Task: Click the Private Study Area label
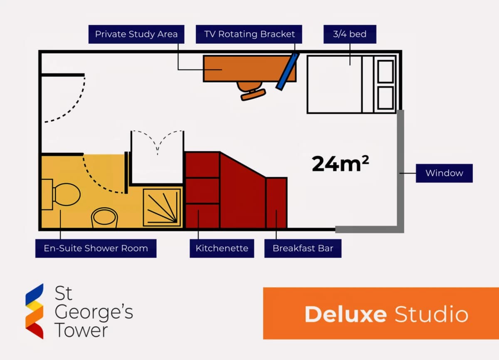click(x=136, y=34)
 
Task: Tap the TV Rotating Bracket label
click(x=249, y=34)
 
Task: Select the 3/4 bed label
click(x=350, y=34)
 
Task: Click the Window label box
click(x=444, y=173)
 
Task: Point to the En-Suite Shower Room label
click(x=96, y=248)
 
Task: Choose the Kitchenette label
click(x=222, y=248)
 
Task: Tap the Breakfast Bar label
click(x=303, y=248)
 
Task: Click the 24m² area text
click(x=340, y=164)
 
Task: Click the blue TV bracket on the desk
click(x=287, y=71)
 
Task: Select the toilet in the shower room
click(x=61, y=194)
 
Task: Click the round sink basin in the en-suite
click(x=104, y=218)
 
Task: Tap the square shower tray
click(x=162, y=208)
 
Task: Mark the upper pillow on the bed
click(x=385, y=72)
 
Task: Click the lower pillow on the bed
click(x=385, y=98)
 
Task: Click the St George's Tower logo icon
click(x=35, y=311)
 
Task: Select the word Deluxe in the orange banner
click(x=346, y=314)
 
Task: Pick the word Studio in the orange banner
click(x=432, y=314)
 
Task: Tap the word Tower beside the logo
click(x=81, y=330)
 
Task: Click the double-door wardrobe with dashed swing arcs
click(x=157, y=158)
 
